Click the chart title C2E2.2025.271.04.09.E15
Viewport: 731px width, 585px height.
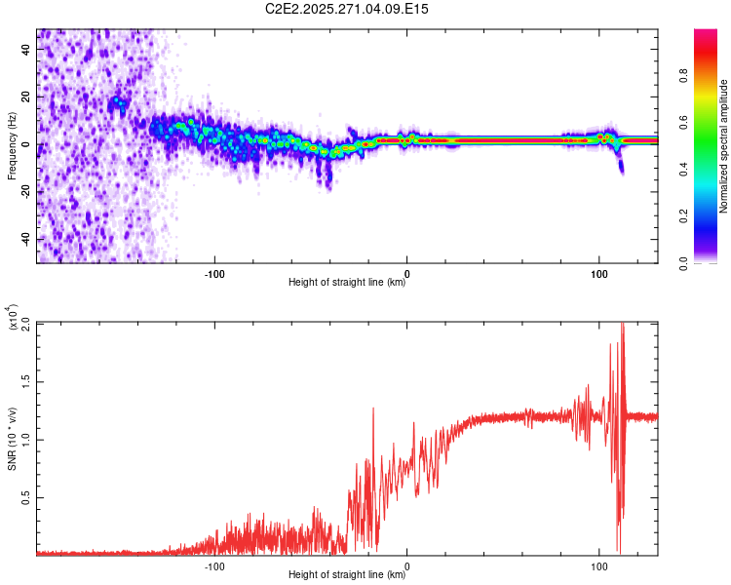pos(347,9)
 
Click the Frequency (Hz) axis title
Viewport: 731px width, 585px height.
pos(12,145)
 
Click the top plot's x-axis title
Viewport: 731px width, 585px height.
pos(347,283)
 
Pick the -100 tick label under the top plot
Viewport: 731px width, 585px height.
pos(214,272)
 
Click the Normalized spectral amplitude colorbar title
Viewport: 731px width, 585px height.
pos(724,146)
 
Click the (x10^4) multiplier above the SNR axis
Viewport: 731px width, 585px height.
pos(14,318)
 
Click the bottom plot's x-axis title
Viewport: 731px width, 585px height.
pos(347,575)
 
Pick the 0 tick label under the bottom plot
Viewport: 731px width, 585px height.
pos(407,565)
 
